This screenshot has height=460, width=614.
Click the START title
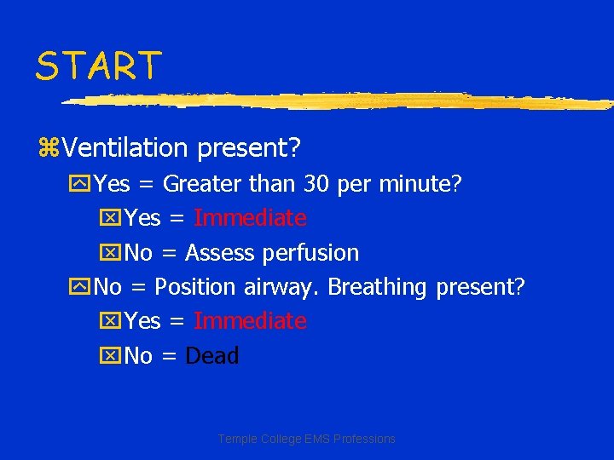click(98, 66)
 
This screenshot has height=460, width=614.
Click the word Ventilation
click(125, 148)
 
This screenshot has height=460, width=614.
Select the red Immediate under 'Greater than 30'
click(250, 218)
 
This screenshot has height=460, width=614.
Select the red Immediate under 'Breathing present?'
click(250, 321)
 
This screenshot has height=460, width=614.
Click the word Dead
click(212, 355)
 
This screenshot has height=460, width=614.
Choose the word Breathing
click(377, 287)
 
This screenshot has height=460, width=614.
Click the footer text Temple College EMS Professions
click(307, 439)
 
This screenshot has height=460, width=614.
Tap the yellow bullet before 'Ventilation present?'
click(48, 149)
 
